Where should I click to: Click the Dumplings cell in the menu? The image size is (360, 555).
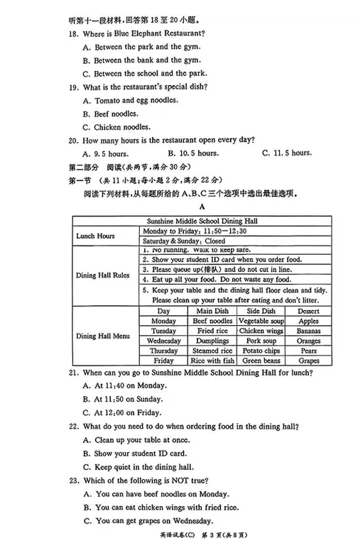click(213, 341)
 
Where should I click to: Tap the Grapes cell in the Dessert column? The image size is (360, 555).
click(308, 361)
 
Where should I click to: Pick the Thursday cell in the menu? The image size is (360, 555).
click(164, 351)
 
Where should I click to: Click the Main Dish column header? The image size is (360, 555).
click(213, 311)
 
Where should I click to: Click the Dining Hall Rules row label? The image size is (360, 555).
click(103, 275)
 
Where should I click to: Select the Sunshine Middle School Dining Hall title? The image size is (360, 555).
click(202, 221)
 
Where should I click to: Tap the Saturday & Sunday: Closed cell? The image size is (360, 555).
click(185, 241)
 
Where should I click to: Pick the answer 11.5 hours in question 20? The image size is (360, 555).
click(287, 153)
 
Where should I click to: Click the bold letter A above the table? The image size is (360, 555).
click(202, 207)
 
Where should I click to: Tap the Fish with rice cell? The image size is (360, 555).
click(213, 361)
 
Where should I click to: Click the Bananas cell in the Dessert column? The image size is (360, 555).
click(308, 331)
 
